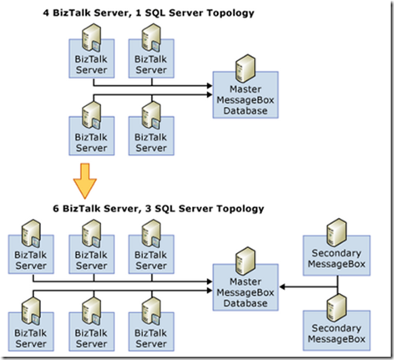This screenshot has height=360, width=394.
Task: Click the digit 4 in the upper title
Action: coord(46,13)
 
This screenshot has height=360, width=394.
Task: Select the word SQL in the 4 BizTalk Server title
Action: coord(154,13)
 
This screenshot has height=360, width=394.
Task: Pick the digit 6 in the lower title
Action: coord(56,209)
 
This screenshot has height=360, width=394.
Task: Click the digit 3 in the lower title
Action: coord(149,209)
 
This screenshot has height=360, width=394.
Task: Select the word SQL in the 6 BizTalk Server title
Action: coord(164,209)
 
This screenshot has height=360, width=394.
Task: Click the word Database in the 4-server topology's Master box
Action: coord(245,111)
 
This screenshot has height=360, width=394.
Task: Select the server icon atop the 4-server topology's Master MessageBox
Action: coord(245,68)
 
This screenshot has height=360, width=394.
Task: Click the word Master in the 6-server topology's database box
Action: coord(245,281)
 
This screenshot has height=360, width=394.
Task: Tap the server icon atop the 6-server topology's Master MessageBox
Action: coord(245,261)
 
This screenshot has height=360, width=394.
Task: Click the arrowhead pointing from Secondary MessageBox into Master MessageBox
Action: coord(282,286)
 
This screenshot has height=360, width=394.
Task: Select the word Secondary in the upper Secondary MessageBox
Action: coord(336,253)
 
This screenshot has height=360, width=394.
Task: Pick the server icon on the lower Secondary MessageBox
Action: coord(336,308)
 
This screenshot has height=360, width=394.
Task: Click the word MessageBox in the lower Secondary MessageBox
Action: coord(336,339)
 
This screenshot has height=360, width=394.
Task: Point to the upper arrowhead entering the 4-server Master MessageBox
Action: coord(210,85)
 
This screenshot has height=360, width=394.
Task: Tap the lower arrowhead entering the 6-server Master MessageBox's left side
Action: coord(210,291)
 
